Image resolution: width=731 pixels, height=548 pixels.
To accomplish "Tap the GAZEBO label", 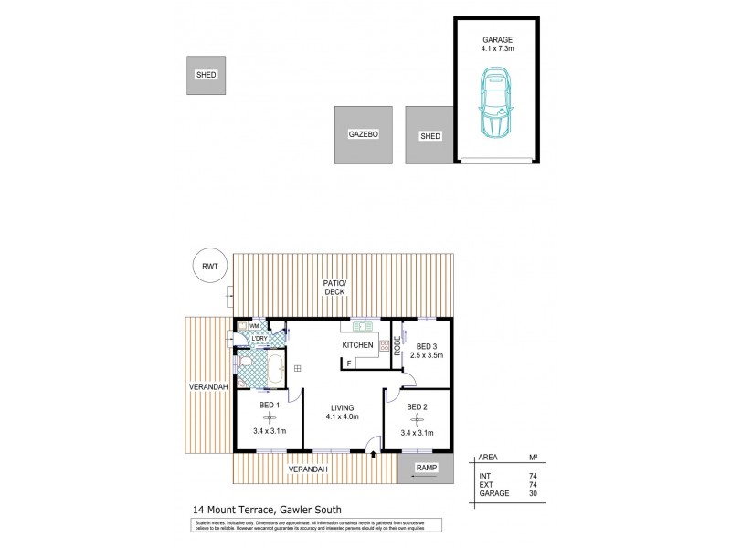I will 363,135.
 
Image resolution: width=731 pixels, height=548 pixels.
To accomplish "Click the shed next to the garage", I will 429,135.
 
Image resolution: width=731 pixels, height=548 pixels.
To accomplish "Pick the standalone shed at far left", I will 207,75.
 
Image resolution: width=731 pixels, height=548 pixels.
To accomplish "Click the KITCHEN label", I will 357,346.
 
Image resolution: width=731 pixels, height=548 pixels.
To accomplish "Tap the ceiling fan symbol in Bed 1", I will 269,418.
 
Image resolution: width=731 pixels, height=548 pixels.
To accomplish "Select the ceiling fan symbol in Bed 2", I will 417,418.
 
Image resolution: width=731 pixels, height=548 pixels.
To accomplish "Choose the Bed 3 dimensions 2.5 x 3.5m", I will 426,356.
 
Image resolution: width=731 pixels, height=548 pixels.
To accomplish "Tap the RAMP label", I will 426,468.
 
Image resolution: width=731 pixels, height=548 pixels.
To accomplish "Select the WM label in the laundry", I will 254,326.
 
